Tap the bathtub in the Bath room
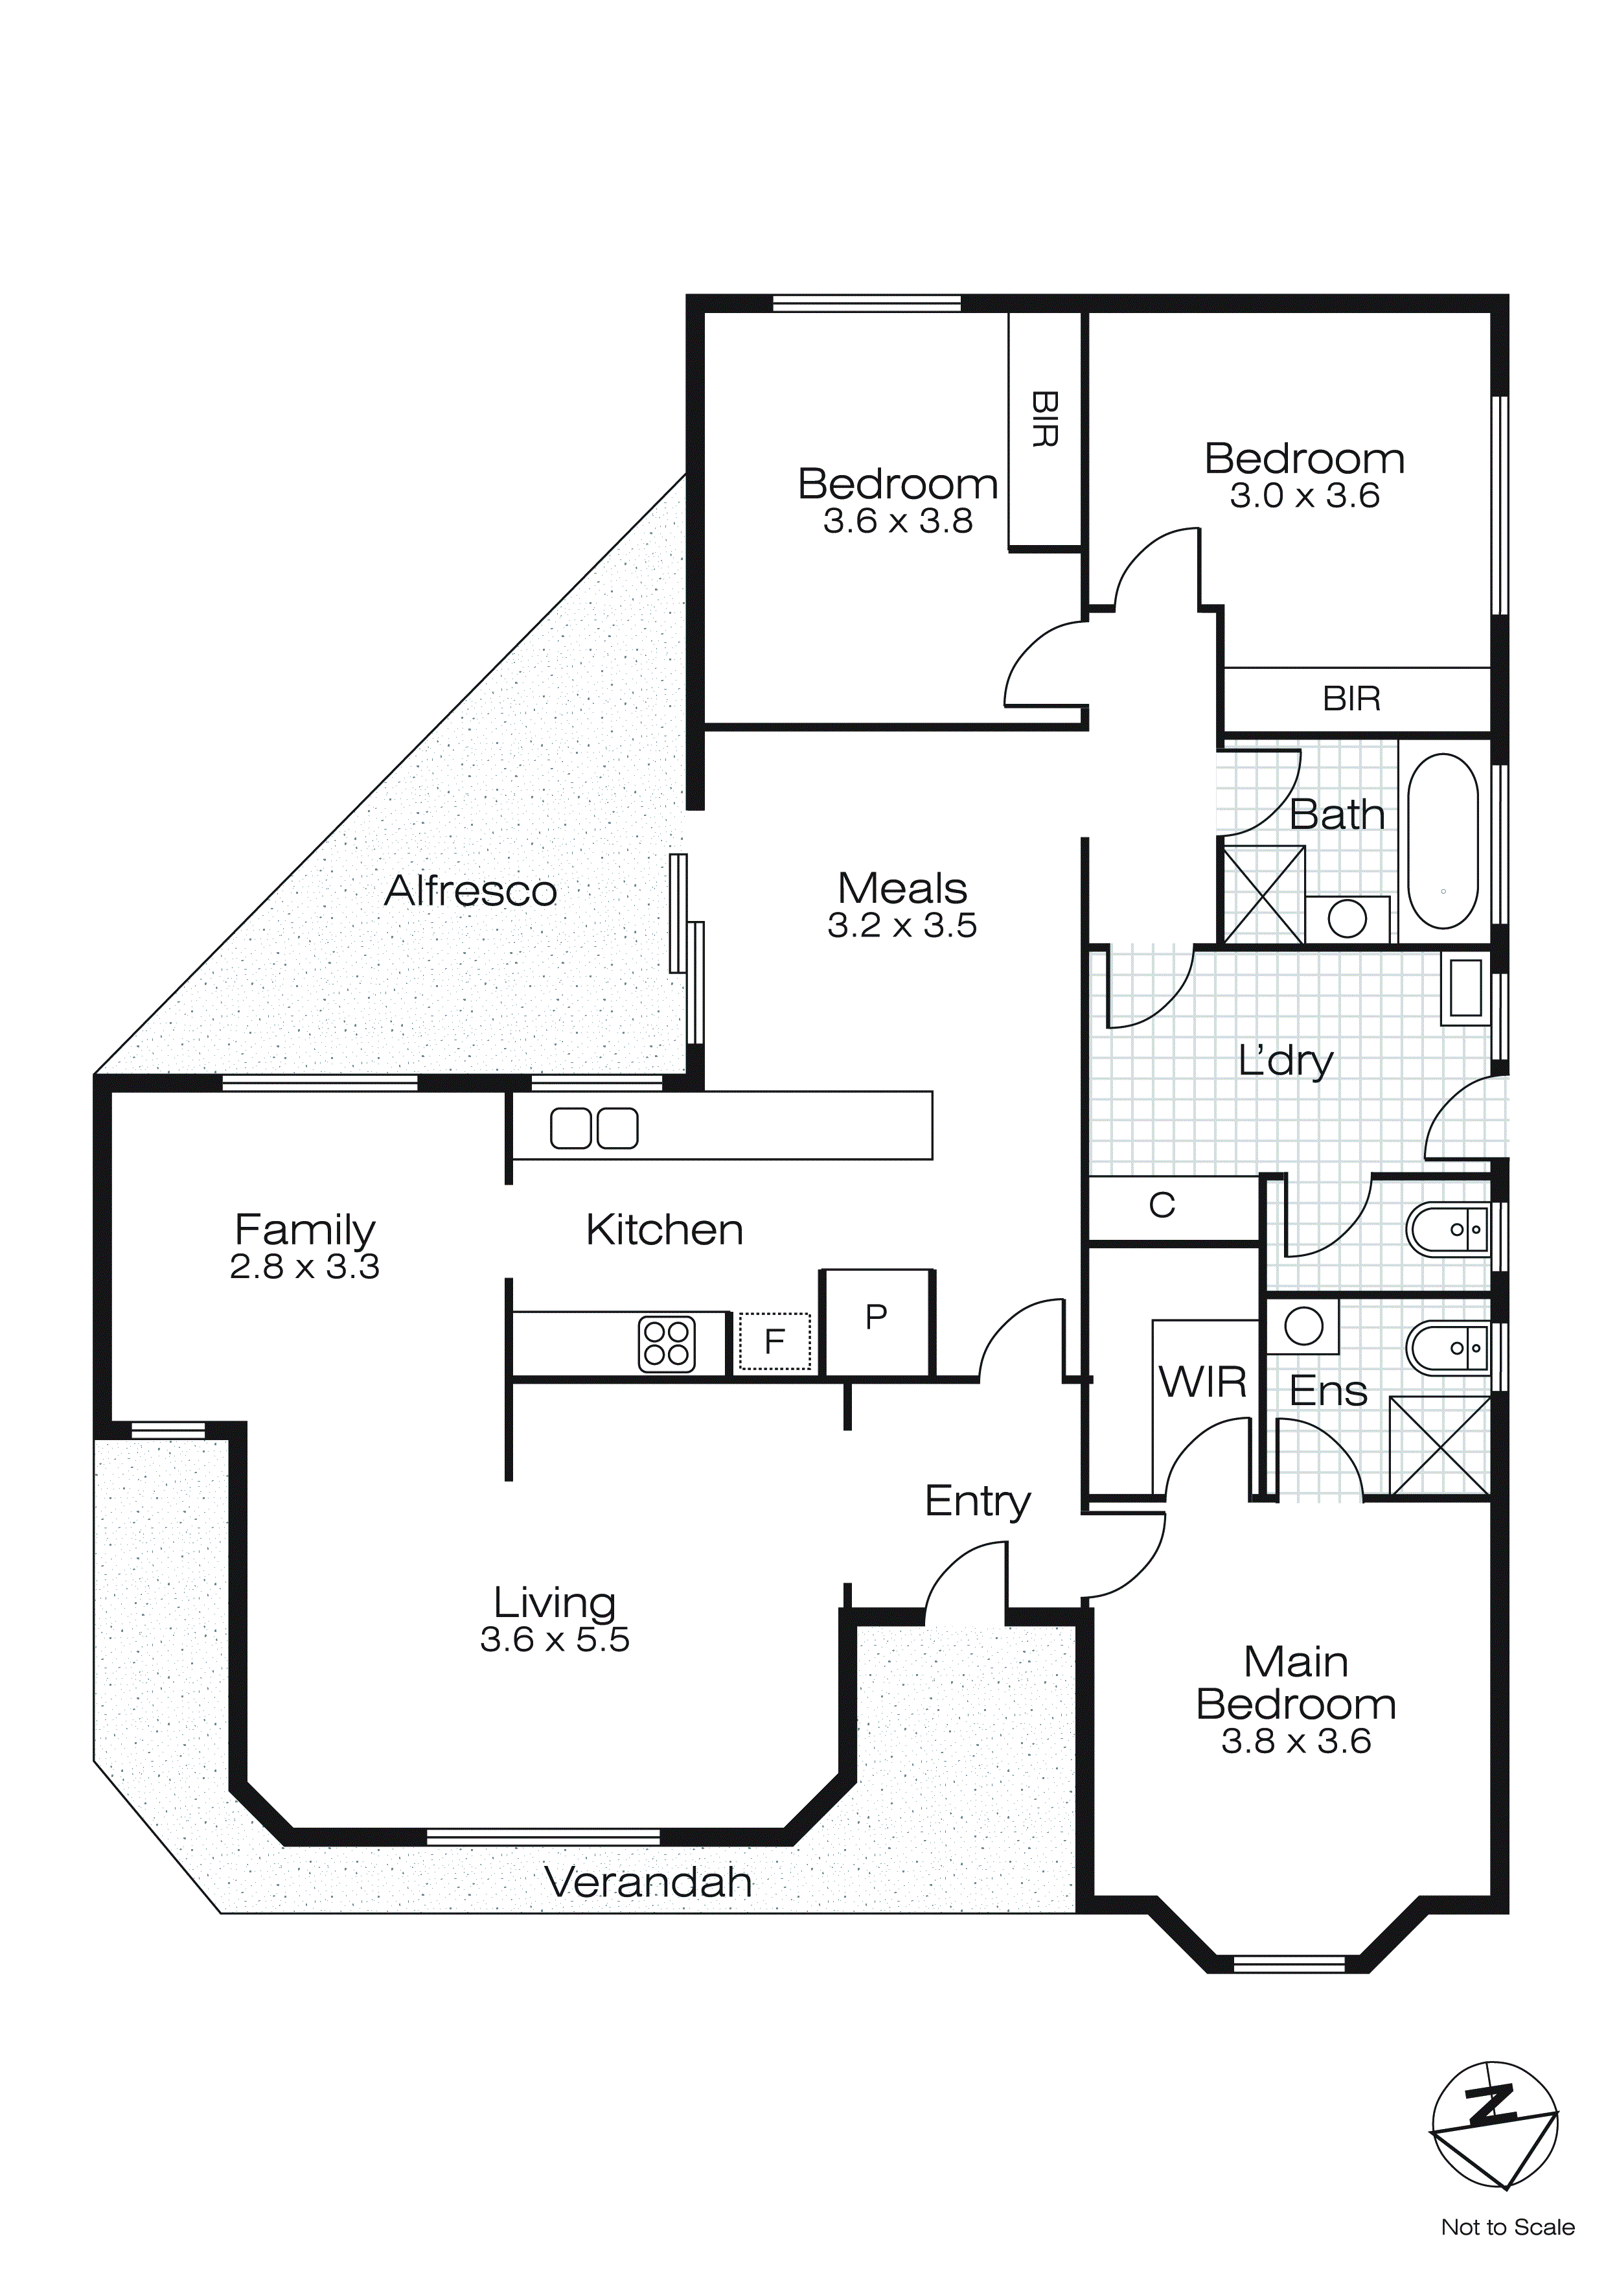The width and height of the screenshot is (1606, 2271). pyautogui.click(x=1442, y=842)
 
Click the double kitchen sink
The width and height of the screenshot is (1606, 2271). pyautogui.click(x=593, y=1128)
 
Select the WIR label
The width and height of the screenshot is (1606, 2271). pyautogui.click(x=1202, y=1383)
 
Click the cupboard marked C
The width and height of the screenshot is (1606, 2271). pyautogui.click(x=1162, y=1205)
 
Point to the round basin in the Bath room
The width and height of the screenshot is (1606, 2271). pyautogui.click(x=1347, y=919)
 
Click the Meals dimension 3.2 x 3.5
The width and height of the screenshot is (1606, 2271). pyautogui.click(x=902, y=926)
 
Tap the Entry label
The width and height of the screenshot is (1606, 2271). pyautogui.click(x=977, y=1502)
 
